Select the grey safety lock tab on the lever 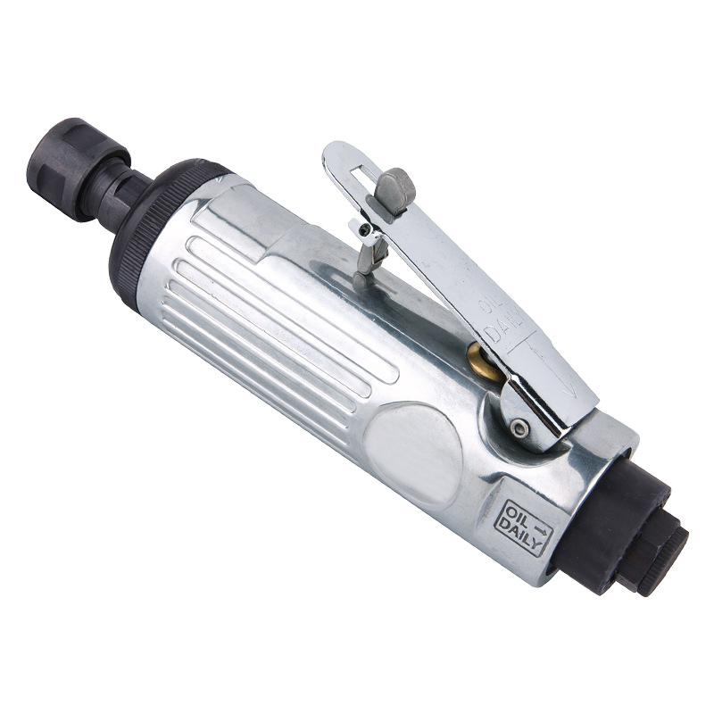pos(394,190)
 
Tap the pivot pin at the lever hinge pos(519,428)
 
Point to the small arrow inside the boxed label pos(540,529)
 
